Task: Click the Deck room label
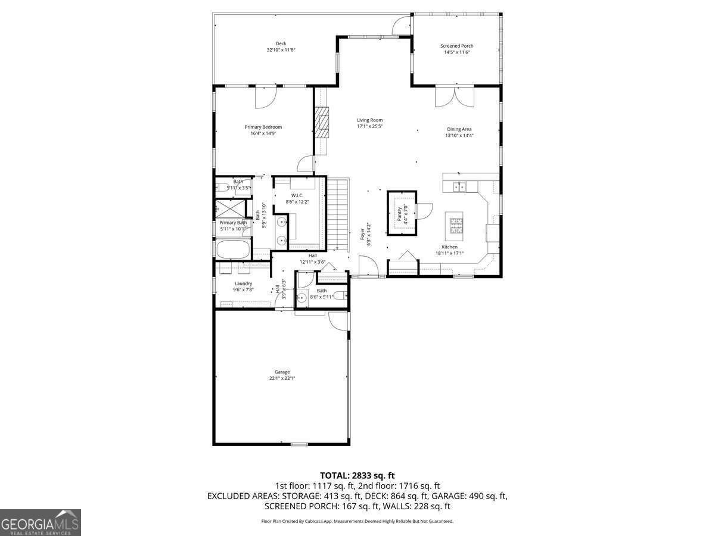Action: [281, 43]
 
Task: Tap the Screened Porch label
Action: [457, 46]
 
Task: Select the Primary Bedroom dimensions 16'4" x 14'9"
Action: [263, 133]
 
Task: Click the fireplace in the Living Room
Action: [322, 122]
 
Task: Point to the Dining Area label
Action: [459, 129]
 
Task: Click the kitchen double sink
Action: [459, 187]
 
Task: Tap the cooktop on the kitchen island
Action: [456, 225]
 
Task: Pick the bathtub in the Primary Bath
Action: [232, 250]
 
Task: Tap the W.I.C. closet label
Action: [297, 195]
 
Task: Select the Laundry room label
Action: [243, 283]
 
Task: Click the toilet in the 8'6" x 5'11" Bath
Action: [339, 296]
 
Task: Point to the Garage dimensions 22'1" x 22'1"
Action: [282, 378]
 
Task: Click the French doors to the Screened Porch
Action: [454, 96]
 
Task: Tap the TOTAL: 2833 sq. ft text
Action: [357, 475]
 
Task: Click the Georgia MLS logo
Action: [40, 522]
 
